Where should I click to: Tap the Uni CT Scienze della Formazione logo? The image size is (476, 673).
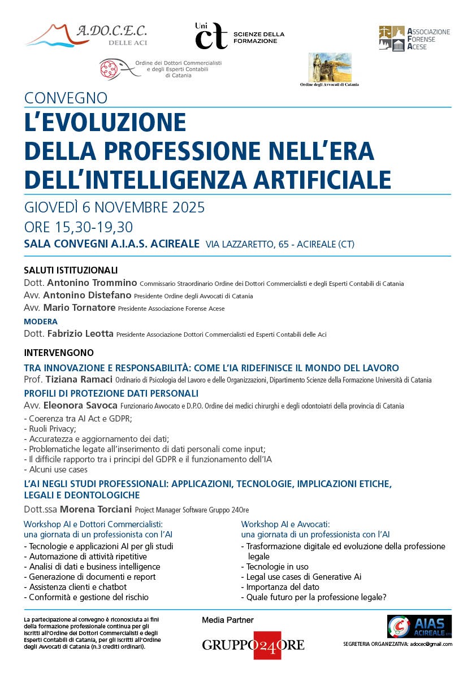click(x=239, y=36)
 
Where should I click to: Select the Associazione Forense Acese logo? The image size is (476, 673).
click(x=414, y=38)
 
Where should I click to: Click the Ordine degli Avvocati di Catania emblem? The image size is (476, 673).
click(x=329, y=70)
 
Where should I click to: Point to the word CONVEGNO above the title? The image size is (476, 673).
click(x=66, y=98)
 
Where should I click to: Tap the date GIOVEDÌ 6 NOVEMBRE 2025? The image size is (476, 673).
click(x=114, y=207)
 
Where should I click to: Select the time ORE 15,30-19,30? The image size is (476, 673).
click(x=79, y=227)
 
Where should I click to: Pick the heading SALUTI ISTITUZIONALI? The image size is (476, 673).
click(x=71, y=270)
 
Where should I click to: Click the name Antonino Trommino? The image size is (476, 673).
click(x=92, y=283)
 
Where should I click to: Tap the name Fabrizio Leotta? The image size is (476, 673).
click(x=80, y=334)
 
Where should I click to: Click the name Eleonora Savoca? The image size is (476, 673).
click(x=83, y=406)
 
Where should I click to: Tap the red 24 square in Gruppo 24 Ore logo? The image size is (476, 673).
click(x=267, y=645)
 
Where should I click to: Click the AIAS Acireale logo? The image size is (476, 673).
click(x=419, y=627)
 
